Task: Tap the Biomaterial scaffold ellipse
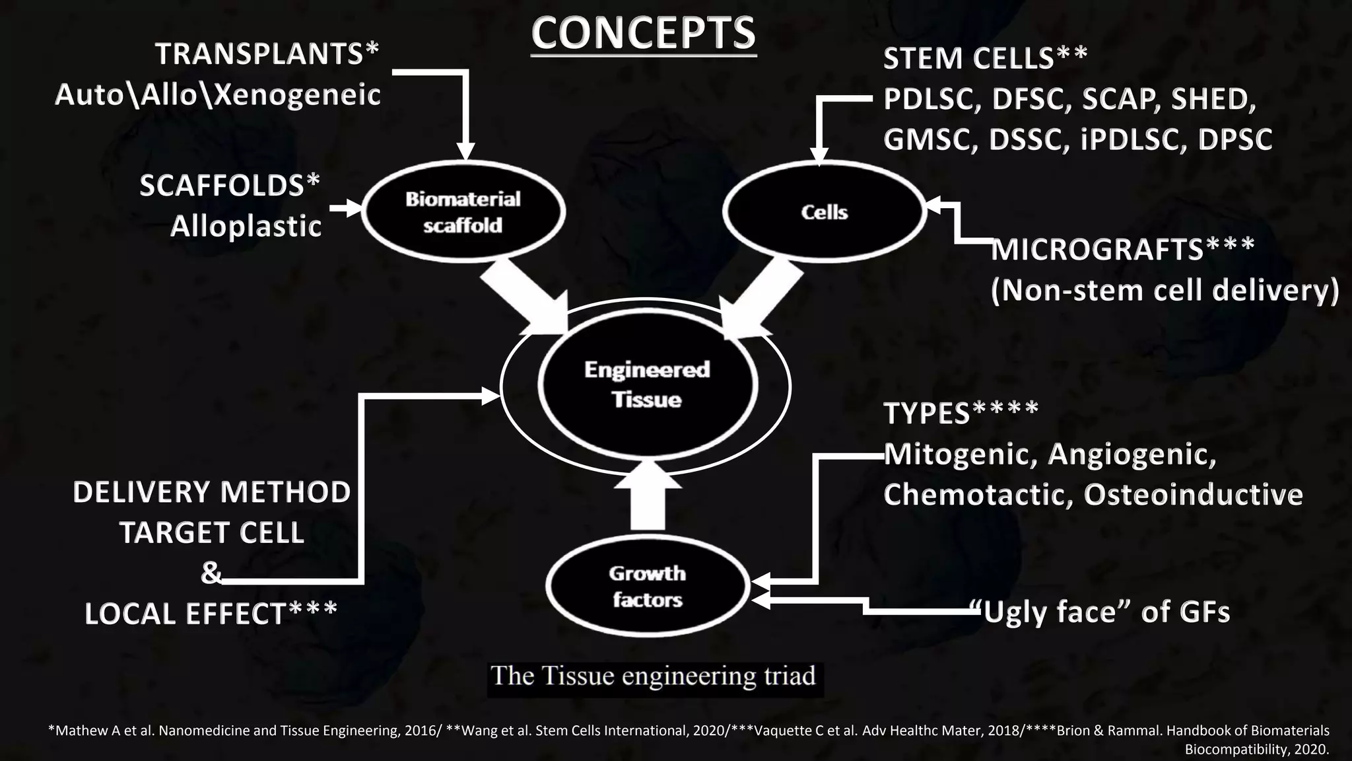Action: (463, 212)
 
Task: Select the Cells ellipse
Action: (824, 212)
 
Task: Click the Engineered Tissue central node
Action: (647, 385)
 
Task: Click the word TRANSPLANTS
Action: (259, 54)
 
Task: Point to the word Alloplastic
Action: (246, 227)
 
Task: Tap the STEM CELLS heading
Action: (968, 59)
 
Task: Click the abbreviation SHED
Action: (1212, 99)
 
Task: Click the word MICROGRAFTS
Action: (1097, 250)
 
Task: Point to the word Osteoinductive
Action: (1194, 495)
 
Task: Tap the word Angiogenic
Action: (1132, 454)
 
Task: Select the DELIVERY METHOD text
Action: (211, 492)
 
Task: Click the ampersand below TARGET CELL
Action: (211, 573)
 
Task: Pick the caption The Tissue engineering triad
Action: (654, 676)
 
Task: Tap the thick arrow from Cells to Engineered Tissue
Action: (759, 297)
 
